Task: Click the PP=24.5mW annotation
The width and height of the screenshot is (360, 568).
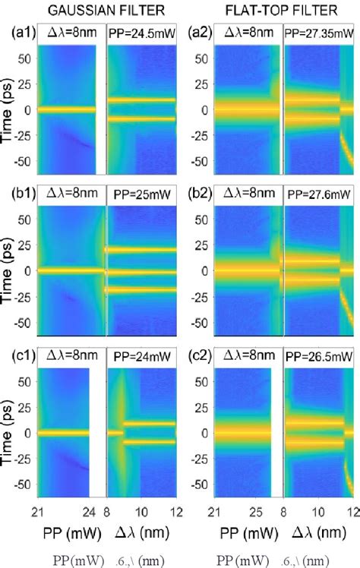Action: (142, 33)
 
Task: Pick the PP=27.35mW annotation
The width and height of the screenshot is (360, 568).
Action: (319, 33)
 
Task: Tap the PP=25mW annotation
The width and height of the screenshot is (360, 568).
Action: (142, 194)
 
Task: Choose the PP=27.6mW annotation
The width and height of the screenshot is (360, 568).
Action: (319, 194)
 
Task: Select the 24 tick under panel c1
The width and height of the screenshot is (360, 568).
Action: (89, 510)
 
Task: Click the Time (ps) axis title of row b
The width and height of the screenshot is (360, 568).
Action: (9, 270)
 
